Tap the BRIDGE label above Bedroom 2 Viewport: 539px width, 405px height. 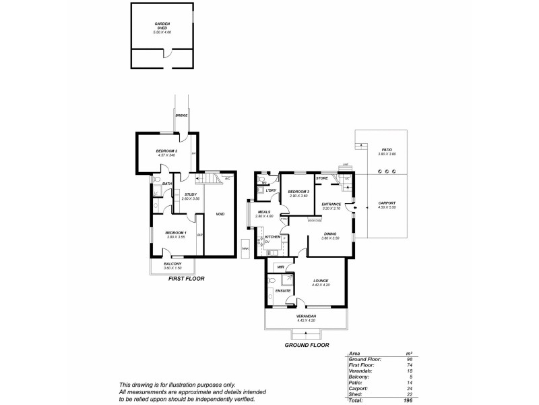(181, 115)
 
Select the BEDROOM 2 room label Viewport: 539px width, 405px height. (166, 151)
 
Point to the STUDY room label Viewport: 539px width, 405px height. (191, 195)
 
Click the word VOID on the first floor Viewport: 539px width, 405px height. (220, 214)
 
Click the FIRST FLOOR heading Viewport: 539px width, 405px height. (185, 278)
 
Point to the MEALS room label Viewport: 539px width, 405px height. (263, 212)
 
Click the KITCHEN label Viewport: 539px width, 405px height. (272, 237)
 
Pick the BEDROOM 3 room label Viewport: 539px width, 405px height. (298, 192)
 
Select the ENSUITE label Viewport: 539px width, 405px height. (283, 290)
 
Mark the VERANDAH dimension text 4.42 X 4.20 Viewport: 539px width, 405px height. (307, 320)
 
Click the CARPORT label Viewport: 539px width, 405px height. (387, 203)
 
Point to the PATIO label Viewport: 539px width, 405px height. (387, 150)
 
